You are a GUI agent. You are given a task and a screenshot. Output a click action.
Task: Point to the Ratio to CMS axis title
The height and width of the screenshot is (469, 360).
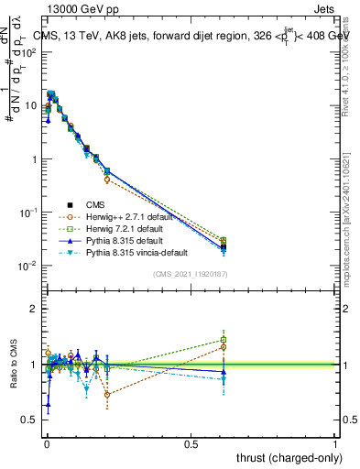coord(15,384)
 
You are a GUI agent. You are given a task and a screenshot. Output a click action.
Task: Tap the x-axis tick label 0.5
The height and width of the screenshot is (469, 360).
coord(191,442)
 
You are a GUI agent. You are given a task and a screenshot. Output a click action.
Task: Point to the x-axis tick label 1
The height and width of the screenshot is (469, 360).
coord(336,442)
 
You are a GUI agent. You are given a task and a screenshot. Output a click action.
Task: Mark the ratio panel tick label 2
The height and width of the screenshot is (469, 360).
coord(34,309)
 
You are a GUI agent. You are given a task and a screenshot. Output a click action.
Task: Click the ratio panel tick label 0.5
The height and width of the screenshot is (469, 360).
coord(30,420)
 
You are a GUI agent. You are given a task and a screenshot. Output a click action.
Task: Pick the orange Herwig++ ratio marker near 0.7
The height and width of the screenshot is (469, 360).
coord(107,395)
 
